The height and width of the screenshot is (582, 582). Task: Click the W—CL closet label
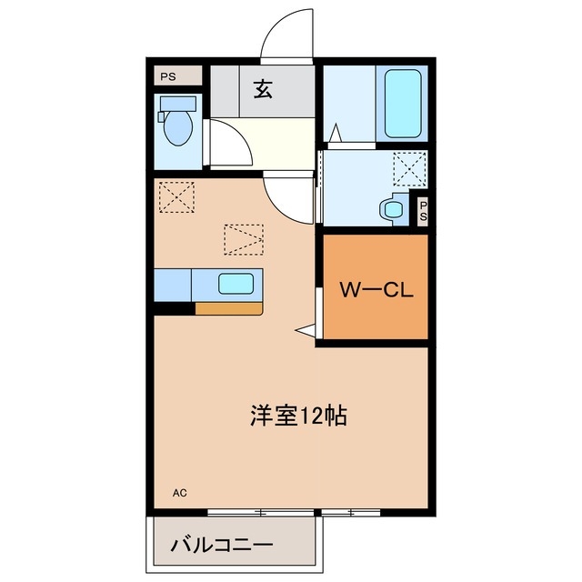376,290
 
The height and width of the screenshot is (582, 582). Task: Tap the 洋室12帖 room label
297,416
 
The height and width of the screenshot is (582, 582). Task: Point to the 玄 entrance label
263,89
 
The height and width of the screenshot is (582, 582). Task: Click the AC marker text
180,493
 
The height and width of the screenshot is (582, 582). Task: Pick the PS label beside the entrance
169,76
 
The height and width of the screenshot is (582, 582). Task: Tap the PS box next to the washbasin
423,211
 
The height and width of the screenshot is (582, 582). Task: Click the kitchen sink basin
236,284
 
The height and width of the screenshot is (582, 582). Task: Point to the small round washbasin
395,209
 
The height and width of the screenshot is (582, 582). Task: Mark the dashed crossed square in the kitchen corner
176,196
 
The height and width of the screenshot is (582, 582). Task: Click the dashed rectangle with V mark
244,240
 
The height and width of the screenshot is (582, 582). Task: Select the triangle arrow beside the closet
305,328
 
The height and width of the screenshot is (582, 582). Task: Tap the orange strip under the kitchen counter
228,307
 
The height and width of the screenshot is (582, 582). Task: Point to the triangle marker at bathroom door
335,133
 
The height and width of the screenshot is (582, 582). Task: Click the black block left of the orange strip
175,307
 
